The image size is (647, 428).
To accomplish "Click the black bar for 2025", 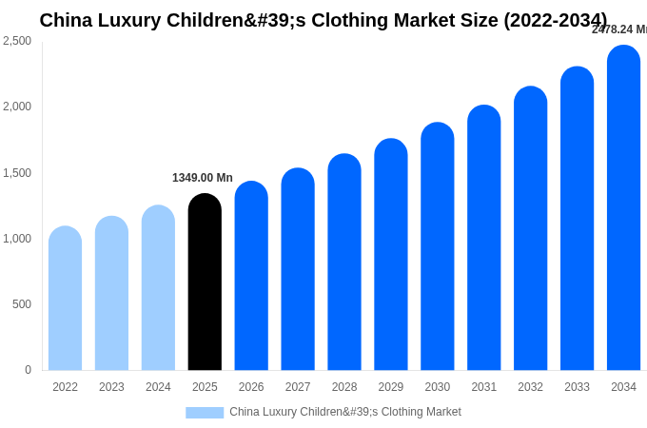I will (x=205, y=282).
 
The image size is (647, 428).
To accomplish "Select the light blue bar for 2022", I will (x=65, y=299).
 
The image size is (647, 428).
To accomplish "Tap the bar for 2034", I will (x=623, y=208).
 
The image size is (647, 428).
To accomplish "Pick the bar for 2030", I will (x=438, y=247).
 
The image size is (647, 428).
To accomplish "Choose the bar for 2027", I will (x=298, y=270).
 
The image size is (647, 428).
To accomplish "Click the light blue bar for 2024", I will (x=158, y=288).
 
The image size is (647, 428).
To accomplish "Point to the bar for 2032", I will (x=530, y=229).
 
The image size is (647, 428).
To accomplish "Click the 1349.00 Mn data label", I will (x=203, y=178).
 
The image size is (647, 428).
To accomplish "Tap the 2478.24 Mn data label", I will (x=619, y=29).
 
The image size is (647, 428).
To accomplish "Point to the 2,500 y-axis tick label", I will (x=17, y=41).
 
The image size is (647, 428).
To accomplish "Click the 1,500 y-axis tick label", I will (x=17, y=173).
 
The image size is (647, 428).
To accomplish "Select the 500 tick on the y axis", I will (x=22, y=304).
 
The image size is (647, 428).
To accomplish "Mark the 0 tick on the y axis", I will (x=28, y=370).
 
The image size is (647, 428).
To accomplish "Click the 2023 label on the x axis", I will (x=111, y=387).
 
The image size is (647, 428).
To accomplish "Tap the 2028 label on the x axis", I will (x=344, y=387).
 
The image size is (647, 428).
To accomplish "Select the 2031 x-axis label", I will (x=483, y=387).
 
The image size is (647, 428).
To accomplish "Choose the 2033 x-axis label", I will (x=577, y=387).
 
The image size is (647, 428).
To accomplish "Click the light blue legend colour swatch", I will (x=205, y=413).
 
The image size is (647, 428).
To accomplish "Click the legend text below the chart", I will (x=345, y=412).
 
